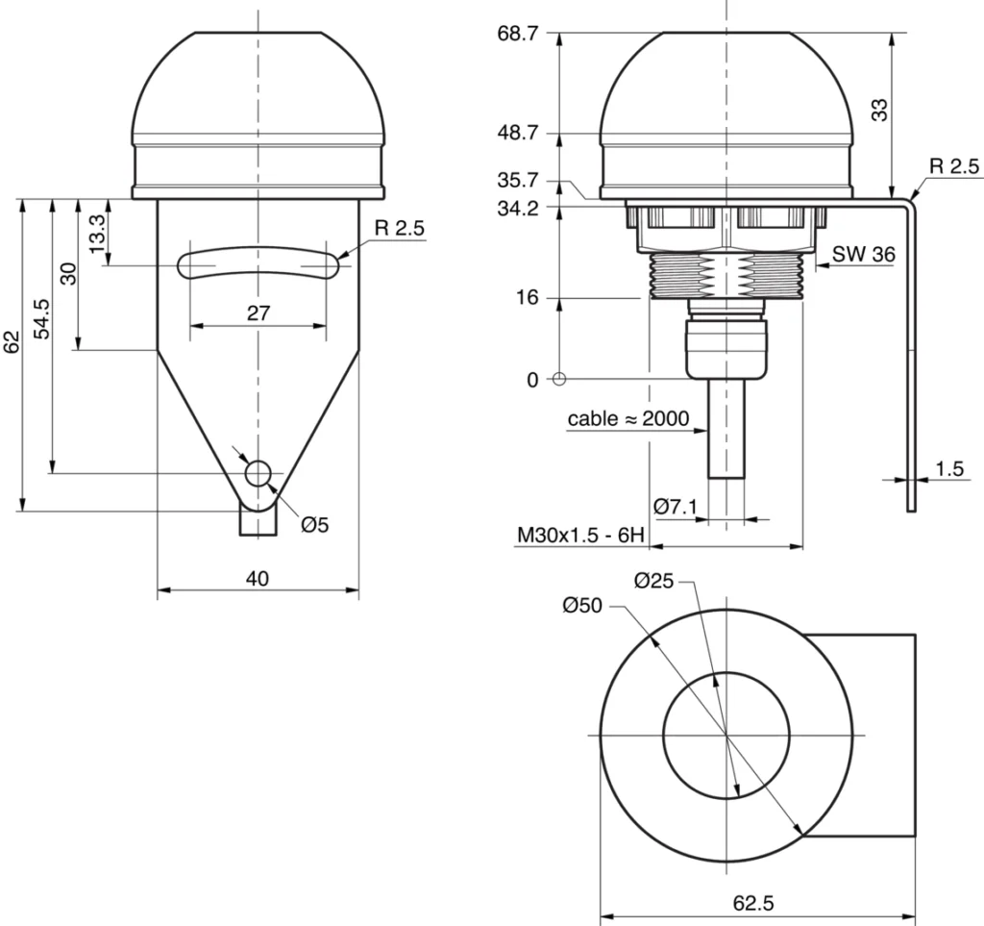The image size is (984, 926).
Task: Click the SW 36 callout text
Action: [x=864, y=255]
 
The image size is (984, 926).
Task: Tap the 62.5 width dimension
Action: [x=754, y=903]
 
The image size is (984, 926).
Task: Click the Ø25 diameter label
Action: [x=655, y=580]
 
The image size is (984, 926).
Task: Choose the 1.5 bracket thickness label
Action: [x=948, y=468]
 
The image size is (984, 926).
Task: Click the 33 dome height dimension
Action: [x=878, y=111]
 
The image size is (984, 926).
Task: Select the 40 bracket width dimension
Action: [x=257, y=578]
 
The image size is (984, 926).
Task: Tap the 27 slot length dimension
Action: [x=258, y=313]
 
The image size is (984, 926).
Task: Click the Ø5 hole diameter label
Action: [x=314, y=524]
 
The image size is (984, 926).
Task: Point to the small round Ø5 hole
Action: [x=258, y=472]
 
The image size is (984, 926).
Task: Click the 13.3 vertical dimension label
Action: [x=96, y=233]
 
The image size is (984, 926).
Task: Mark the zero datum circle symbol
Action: [x=559, y=379]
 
